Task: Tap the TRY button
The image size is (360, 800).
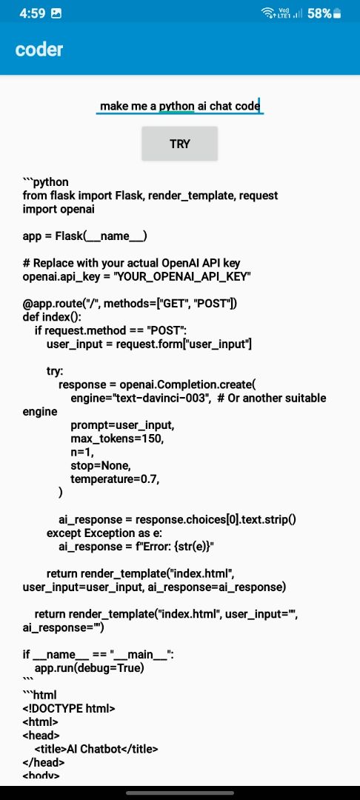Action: click(x=179, y=144)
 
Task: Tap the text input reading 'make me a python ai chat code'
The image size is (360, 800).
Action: click(x=180, y=106)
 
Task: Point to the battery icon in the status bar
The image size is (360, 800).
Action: click(x=337, y=14)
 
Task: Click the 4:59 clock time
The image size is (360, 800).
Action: click(x=32, y=14)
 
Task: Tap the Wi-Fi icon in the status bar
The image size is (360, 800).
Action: click(x=267, y=13)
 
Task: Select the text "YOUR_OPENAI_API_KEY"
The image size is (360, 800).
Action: click(x=182, y=276)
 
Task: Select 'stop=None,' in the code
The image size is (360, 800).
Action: click(x=101, y=466)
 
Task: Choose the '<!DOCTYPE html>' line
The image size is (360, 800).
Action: click(x=69, y=709)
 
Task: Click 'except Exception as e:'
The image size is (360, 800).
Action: click(x=104, y=533)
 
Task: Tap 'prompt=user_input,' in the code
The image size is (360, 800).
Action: click(x=125, y=425)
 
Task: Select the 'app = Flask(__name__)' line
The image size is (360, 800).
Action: click(x=85, y=236)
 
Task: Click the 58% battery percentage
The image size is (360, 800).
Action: click(x=319, y=14)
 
